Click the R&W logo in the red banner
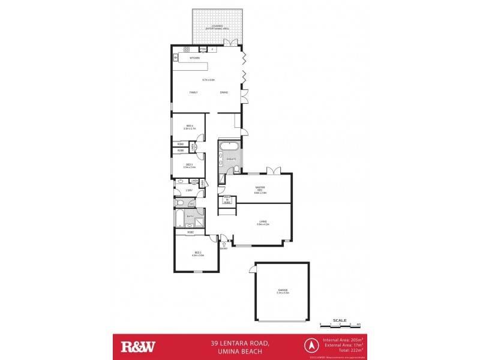tap(139, 346)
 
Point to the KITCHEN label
tap(194, 58)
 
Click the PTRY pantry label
tap(203, 49)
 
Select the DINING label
tap(223, 92)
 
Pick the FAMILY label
tap(193, 92)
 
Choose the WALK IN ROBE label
tap(227, 200)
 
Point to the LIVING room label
tap(262, 222)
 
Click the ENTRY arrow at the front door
tap(223, 244)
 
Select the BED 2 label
tap(197, 253)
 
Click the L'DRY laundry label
tap(188, 191)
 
